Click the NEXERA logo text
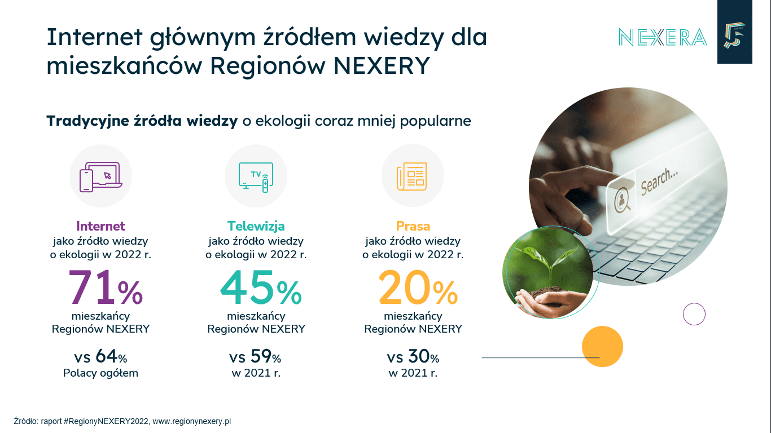coord(663,37)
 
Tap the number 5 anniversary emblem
coord(734,36)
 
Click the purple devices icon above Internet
coord(101,177)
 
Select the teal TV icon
coord(256,177)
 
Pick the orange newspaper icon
coord(411,176)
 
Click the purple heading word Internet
coord(100,226)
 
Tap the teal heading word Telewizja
coord(256,226)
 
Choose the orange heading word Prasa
coord(413,226)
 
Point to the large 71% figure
coord(106,288)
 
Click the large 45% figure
coord(261,288)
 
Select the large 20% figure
coord(418,288)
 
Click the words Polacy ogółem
coord(100,373)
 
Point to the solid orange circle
coord(602,346)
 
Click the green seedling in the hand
coord(550,266)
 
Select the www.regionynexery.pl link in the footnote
coord(192,421)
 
